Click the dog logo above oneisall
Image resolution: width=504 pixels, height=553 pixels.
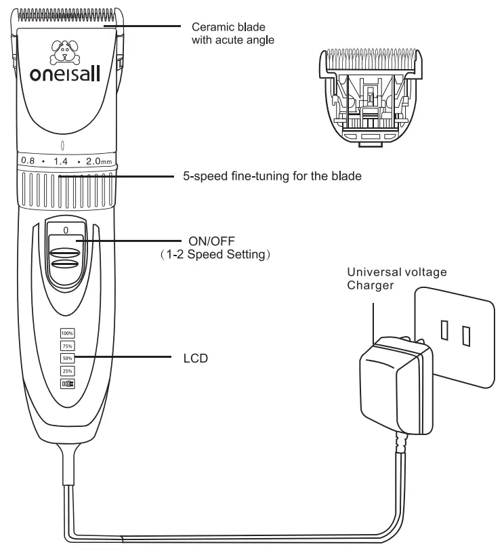coord(65,51)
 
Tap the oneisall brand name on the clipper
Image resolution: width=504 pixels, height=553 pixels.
coord(66,73)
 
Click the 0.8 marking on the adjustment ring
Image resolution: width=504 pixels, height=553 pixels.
coord(27,160)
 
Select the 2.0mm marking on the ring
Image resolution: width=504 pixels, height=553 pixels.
coord(98,160)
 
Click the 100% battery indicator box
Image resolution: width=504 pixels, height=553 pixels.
coord(67,333)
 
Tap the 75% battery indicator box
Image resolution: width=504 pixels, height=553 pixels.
coord(67,346)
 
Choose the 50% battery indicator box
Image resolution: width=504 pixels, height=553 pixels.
coord(67,358)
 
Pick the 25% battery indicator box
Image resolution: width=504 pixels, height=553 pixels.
coord(67,371)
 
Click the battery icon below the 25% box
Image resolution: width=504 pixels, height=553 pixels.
coord(67,384)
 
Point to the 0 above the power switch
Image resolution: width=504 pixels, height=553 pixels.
coord(66,230)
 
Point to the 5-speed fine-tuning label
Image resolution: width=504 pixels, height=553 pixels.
coord(272,176)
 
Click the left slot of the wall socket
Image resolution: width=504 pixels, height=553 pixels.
coord(444,330)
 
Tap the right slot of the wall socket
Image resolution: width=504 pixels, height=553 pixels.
coord(465,333)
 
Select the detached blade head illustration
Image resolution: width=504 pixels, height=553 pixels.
coord(371,94)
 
